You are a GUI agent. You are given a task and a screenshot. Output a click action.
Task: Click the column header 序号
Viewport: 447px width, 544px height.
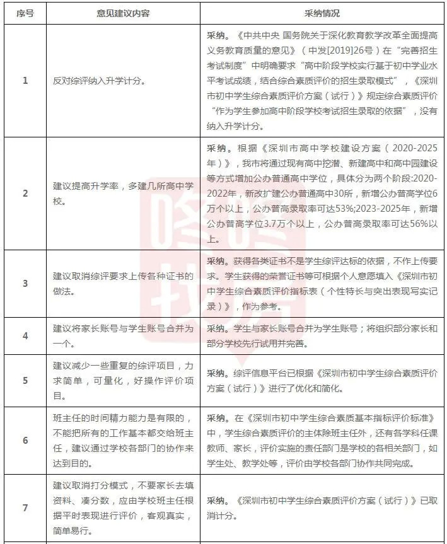tap(25, 13)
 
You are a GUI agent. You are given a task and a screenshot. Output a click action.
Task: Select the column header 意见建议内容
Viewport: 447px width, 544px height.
tap(123, 13)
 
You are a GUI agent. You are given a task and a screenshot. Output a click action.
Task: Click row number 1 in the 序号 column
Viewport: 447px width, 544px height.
tap(25, 81)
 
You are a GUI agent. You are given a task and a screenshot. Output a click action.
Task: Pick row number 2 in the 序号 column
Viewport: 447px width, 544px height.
tap(25, 193)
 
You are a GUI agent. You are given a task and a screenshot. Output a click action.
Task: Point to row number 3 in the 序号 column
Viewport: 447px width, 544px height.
tap(25, 284)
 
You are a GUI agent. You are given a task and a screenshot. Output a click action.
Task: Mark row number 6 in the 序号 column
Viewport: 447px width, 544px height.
tap(25, 440)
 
